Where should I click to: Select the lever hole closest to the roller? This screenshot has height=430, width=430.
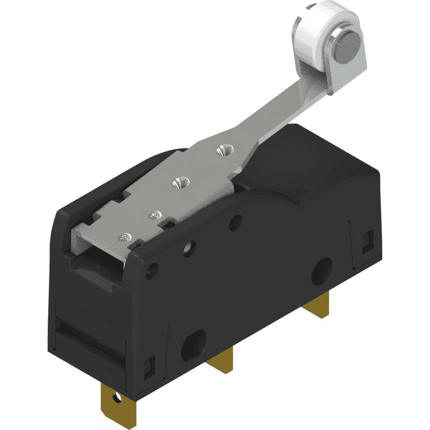click(x=221, y=150)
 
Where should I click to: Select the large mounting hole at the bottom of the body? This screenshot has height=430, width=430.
click(x=193, y=347)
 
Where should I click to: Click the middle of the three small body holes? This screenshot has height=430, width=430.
click(x=189, y=250)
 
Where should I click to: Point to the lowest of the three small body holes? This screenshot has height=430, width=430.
click(x=152, y=272)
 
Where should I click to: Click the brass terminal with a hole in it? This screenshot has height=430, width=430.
click(x=115, y=398)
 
